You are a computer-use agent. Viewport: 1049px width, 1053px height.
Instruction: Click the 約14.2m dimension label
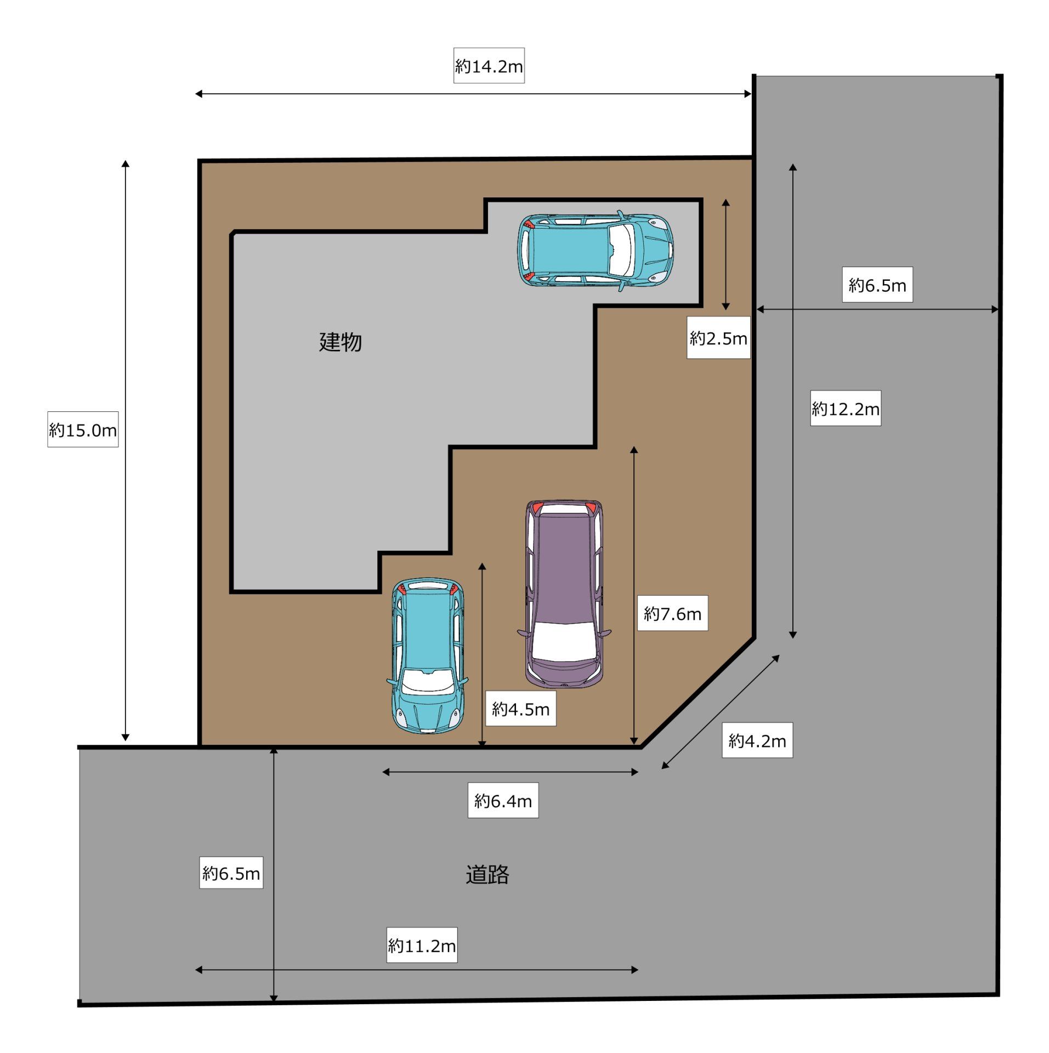489,66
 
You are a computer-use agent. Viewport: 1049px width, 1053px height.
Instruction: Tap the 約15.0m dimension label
83,429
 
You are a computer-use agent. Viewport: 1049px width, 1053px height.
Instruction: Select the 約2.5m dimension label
718,338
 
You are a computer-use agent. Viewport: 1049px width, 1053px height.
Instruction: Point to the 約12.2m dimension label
846,408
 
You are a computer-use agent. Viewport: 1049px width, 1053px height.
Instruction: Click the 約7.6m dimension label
672,613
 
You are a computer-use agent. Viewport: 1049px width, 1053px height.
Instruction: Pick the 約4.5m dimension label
520,709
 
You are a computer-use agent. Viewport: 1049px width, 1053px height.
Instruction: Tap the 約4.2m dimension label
757,740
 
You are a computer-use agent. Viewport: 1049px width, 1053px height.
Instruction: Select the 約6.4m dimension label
503,801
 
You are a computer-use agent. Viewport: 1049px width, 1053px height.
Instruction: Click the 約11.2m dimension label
422,945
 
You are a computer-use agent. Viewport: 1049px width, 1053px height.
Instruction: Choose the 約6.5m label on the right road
877,285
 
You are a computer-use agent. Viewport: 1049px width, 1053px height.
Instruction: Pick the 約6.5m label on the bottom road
231,873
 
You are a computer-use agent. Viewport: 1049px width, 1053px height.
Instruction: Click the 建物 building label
341,342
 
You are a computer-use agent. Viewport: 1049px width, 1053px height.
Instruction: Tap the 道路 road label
487,874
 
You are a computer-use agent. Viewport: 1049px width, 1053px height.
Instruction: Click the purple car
564,593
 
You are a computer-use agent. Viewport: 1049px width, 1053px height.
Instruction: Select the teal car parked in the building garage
596,251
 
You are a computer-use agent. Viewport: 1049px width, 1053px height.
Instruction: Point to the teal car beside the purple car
428,655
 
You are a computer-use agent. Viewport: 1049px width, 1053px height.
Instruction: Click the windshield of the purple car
564,641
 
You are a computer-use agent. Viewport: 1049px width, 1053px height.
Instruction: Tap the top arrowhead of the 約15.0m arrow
126,164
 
